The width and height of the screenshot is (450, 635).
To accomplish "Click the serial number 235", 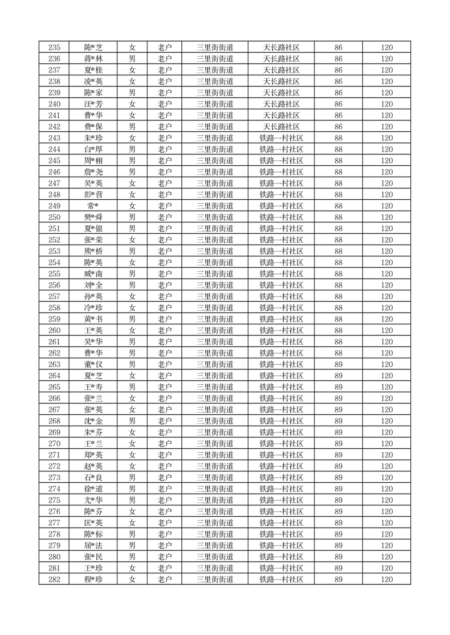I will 54,48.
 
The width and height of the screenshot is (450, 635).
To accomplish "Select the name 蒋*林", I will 93,59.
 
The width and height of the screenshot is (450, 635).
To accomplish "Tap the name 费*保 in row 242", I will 93,127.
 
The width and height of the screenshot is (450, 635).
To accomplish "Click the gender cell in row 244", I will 132,149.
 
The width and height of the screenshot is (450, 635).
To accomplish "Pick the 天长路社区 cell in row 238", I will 281,81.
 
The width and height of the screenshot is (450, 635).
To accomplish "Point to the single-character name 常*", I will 93,206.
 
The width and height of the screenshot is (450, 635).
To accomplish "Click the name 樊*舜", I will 93,217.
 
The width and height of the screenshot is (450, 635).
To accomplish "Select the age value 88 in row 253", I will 338,251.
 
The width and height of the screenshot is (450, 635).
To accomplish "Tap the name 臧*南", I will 93,274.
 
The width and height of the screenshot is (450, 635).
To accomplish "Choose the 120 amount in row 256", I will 387,285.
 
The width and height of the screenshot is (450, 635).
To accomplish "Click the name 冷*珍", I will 93,308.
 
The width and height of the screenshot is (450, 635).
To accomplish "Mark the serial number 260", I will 54,331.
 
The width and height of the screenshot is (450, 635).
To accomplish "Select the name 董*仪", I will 93,364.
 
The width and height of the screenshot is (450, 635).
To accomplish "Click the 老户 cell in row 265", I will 164,387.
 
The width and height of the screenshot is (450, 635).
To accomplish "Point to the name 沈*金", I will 93,421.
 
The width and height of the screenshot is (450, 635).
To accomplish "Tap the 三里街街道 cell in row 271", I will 215,455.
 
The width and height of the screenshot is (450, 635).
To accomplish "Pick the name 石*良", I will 93,478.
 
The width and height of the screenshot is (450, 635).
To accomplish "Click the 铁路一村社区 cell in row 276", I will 281,512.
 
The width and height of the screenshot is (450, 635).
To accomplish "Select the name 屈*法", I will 93,546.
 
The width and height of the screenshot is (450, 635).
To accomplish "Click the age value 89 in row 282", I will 338,580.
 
